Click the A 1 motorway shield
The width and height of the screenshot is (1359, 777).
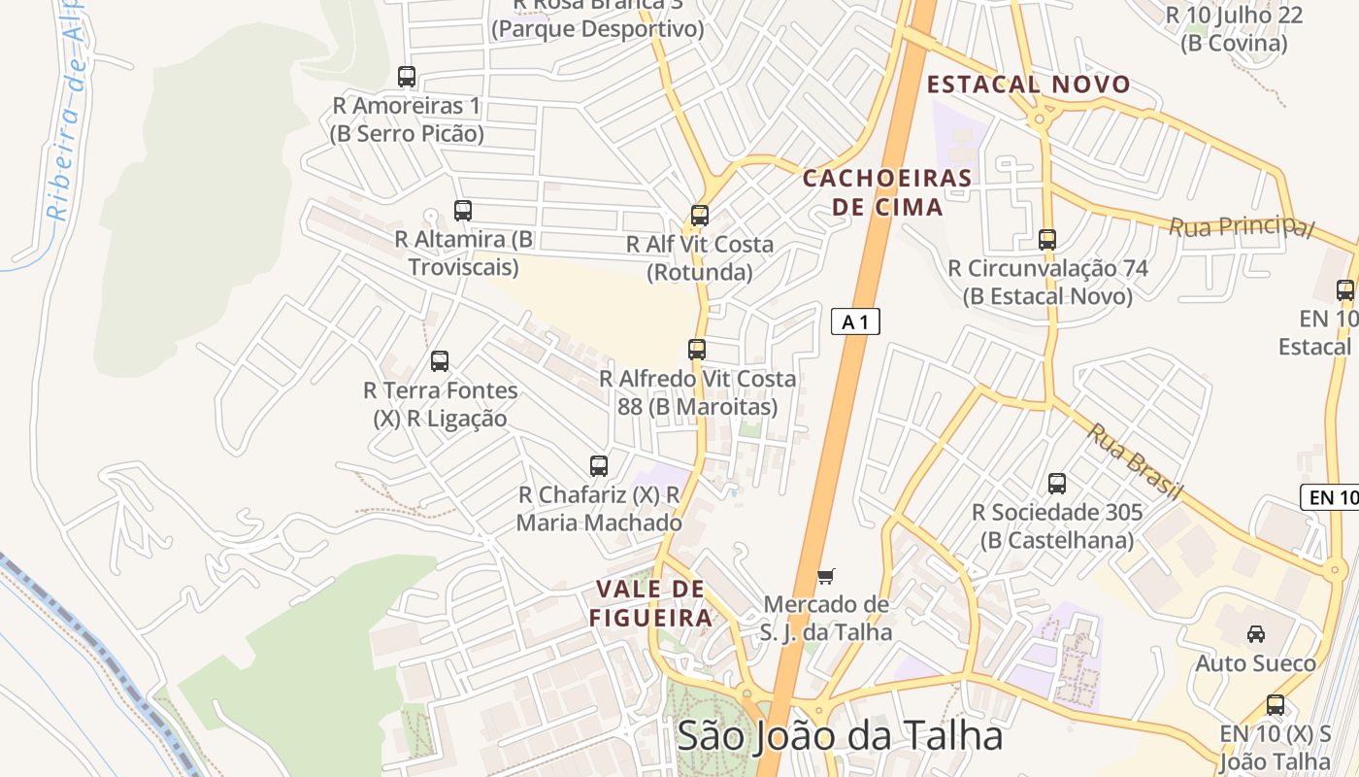point(855,321)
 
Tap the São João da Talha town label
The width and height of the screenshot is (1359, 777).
point(840,735)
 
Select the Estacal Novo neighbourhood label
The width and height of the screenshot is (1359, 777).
point(1029,84)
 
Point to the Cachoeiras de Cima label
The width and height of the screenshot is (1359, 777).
point(887,192)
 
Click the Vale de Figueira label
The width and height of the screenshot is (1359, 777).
point(650,603)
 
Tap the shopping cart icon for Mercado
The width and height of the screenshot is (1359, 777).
point(825,577)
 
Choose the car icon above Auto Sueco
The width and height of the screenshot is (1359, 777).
point(1255,634)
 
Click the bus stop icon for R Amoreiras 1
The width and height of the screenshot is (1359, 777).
point(407,76)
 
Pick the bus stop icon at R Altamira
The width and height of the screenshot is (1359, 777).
point(463,210)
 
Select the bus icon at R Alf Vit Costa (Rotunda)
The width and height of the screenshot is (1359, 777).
point(700,216)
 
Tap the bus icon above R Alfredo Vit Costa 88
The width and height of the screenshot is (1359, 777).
point(697,350)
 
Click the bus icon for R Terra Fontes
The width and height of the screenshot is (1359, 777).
point(440,361)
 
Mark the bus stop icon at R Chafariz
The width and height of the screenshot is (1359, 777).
point(599,466)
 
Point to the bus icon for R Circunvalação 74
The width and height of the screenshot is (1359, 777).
point(1047,239)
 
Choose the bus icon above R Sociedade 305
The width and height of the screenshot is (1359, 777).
point(1057,483)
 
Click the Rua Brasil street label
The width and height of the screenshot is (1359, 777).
point(1133,462)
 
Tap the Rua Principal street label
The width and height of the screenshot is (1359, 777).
point(1241,226)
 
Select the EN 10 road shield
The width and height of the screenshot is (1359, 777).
point(1332,497)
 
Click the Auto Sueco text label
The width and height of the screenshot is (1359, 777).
point(1255,663)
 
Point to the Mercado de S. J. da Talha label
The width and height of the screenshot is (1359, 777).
point(825,619)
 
